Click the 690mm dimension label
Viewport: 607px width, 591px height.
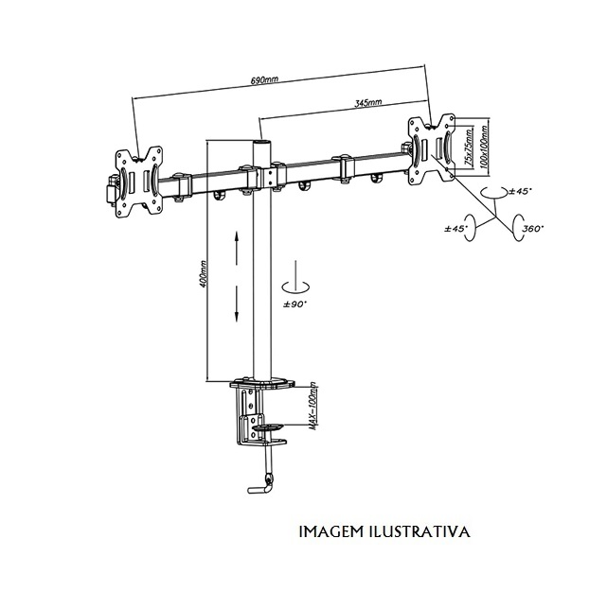264,80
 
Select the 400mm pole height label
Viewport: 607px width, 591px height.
204,273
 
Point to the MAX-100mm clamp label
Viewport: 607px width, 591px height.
313,406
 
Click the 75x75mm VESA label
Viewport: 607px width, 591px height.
469,148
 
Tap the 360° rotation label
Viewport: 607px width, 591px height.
531,229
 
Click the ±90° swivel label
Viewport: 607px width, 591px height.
295,304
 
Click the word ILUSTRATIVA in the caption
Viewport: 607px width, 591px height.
420,531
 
